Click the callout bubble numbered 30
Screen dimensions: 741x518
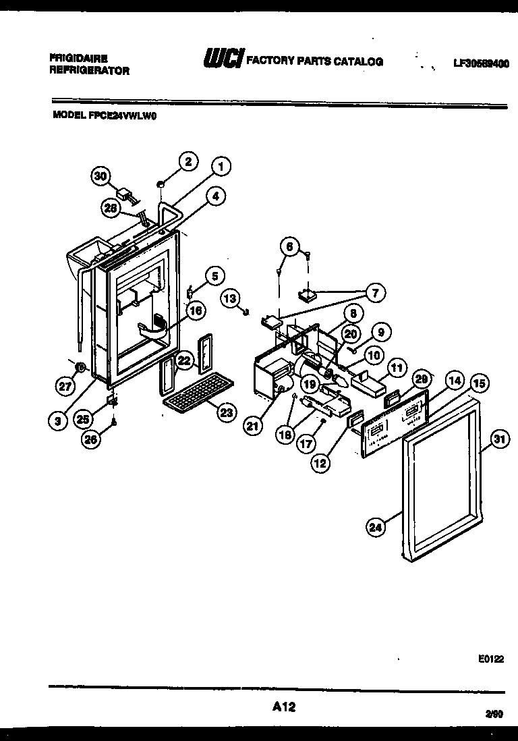100,176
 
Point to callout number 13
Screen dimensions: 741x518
230,298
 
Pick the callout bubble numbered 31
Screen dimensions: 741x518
498,439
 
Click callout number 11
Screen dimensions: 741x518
397,368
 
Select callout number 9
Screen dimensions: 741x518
380,331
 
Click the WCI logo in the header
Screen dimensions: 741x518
222,60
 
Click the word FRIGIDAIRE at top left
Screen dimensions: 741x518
78,58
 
